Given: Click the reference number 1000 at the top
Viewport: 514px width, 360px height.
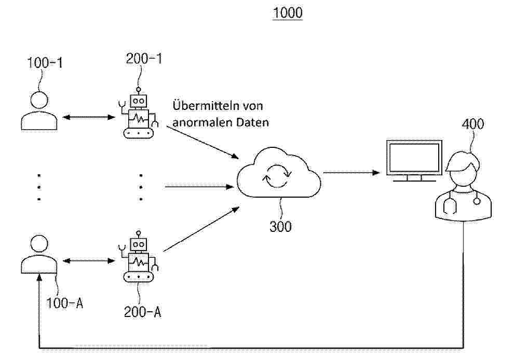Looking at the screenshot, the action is click(288, 12).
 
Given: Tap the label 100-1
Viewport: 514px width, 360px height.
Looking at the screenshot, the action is click(45, 63).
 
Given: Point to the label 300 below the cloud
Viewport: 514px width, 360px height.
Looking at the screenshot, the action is click(280, 226).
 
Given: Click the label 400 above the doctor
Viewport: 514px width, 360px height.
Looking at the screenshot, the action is click(472, 124).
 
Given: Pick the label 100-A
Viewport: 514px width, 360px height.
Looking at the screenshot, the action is click(64, 303).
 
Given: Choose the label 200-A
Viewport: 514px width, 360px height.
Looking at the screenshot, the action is click(143, 312).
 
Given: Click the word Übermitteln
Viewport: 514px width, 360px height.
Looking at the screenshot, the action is click(206, 105).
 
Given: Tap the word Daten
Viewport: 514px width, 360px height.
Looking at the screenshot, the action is click(252, 122).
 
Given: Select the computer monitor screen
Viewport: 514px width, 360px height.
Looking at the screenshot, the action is click(414, 158).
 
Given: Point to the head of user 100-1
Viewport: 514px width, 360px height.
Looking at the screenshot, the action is click(39, 100).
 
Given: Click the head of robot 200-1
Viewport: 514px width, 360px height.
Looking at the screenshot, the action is click(138, 101).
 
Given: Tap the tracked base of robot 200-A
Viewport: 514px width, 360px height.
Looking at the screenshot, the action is click(138, 277).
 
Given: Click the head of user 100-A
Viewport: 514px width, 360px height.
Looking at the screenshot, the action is click(39, 244).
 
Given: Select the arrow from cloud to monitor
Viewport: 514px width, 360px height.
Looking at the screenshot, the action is click(351, 173).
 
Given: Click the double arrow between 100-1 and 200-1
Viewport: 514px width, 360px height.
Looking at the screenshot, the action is click(88, 117).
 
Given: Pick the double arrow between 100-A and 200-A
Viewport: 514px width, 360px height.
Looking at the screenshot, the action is click(88, 261).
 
